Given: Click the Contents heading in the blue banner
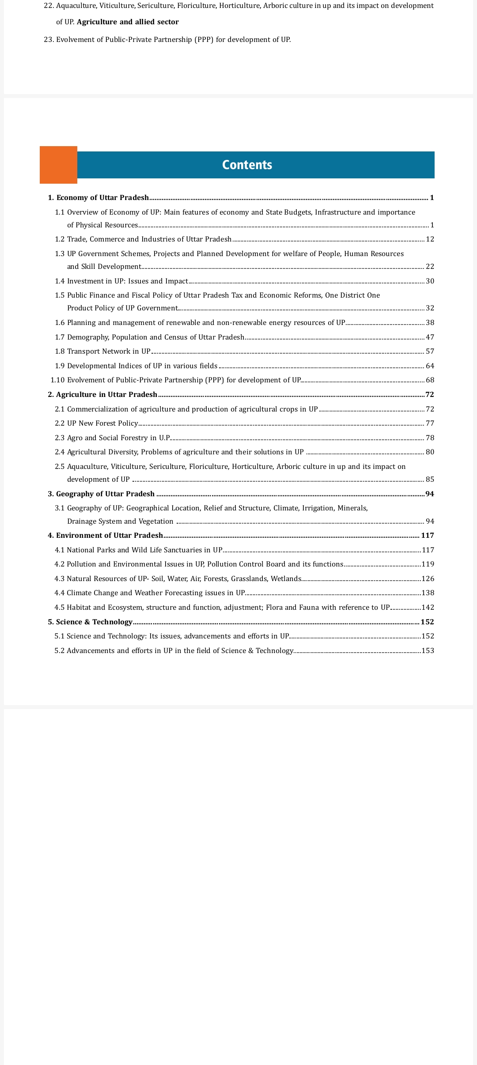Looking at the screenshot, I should (247, 165).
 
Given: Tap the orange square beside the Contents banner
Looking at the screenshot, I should (58, 165).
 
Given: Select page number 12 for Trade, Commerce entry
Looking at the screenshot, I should (430, 239).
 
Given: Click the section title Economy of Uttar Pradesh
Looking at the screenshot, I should (102, 198).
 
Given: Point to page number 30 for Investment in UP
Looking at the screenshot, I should (430, 281).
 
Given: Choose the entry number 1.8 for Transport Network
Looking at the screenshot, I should (60, 351).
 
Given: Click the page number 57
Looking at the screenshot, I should (430, 351).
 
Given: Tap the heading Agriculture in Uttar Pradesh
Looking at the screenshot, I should (106, 395).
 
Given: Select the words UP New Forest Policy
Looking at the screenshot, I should (102, 423).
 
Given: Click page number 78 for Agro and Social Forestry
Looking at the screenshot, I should (430, 438).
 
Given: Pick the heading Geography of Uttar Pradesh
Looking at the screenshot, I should (105, 494).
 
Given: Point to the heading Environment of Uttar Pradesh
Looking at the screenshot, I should (110, 536).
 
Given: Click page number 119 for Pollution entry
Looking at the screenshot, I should (428, 564).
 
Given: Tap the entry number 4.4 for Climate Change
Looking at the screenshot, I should (59, 593).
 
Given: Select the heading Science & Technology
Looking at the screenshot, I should (94, 622).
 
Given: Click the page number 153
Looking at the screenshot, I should (428, 651).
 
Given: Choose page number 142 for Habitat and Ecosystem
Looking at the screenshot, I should (428, 608).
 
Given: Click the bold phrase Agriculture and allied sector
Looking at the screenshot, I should (128, 22).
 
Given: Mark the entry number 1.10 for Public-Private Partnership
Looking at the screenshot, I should (57, 380).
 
